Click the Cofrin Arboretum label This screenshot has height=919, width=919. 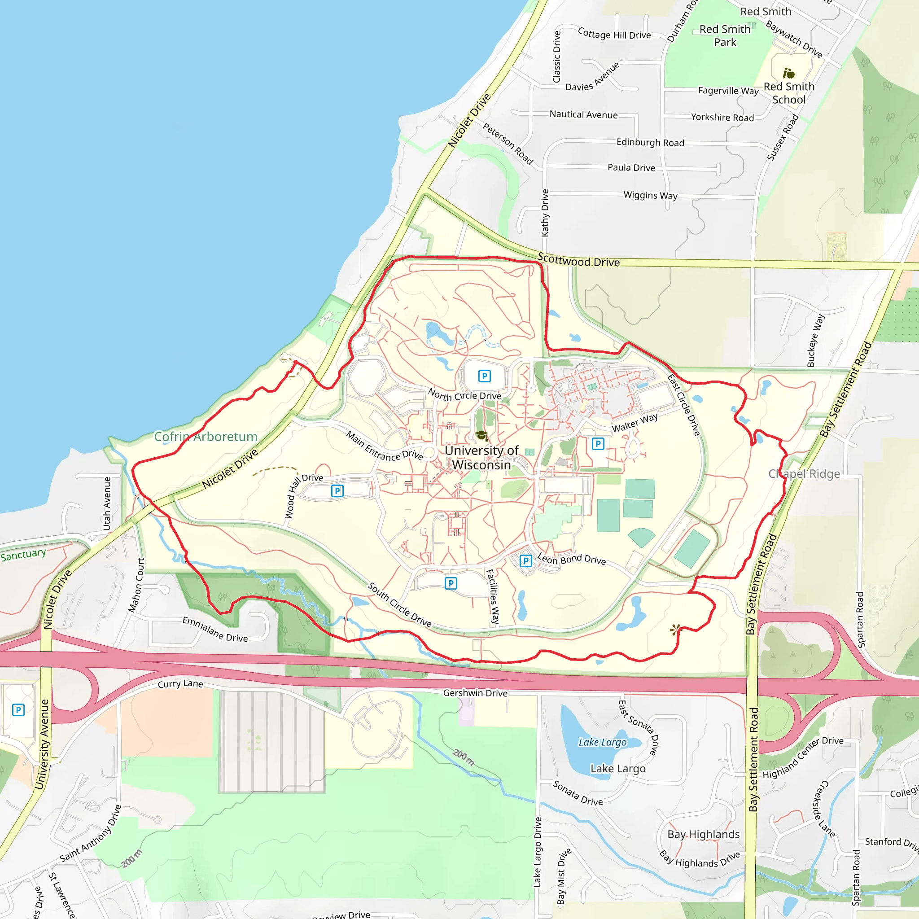[206, 437]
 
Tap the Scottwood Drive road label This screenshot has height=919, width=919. [578, 261]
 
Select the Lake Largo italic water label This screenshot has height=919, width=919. [602, 742]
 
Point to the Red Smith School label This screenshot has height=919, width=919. [789, 93]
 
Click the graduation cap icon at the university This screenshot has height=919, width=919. [482, 435]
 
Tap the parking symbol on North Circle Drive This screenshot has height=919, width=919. [484, 376]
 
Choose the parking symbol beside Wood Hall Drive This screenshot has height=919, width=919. [337, 491]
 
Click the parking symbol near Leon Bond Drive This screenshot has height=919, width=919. [525, 561]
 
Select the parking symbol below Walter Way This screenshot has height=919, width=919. [598, 444]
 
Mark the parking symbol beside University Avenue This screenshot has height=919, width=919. [18, 710]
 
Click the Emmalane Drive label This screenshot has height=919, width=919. [215, 629]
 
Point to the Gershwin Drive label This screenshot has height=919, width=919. [475, 693]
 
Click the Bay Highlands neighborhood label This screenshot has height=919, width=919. [704, 834]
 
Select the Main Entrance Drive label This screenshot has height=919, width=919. [385, 446]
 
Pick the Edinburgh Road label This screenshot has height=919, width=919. [650, 142]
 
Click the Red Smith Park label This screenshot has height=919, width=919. [725, 36]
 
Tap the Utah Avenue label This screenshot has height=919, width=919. [107, 504]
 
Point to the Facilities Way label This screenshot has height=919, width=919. [493, 596]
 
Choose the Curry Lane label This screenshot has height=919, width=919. [180, 684]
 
